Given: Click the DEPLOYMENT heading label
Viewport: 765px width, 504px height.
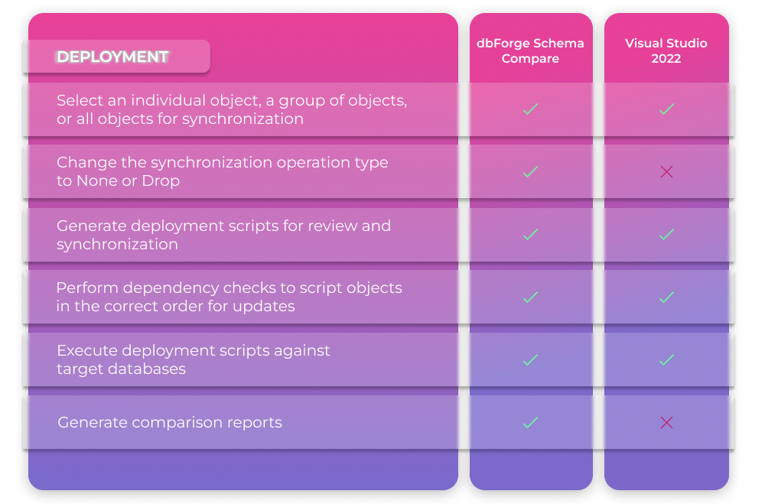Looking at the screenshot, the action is click(112, 57).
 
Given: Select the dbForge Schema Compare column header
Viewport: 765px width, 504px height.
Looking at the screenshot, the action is click(530, 50).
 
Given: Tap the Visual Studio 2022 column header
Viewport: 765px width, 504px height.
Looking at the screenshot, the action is click(666, 50).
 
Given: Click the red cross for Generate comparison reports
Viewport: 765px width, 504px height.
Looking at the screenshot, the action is click(666, 422).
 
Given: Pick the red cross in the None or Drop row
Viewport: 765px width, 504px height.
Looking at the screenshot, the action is click(666, 172).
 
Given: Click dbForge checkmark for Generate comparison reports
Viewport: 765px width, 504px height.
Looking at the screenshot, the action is click(530, 422).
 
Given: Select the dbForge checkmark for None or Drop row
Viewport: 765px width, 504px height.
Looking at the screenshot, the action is click(530, 172).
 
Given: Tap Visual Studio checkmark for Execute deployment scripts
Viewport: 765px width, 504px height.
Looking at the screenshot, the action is click(666, 360).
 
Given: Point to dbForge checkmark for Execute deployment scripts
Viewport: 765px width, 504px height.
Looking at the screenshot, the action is click(530, 360).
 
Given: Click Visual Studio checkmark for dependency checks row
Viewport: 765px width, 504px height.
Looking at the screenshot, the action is click(666, 298).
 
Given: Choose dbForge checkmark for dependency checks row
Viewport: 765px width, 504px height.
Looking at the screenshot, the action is click(530, 298).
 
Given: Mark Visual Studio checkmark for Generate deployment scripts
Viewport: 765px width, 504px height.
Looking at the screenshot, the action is click(666, 235).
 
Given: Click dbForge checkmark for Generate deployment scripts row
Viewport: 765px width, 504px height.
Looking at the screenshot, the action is click(530, 235).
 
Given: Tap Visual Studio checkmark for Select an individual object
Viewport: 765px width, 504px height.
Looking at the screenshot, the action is click(666, 109).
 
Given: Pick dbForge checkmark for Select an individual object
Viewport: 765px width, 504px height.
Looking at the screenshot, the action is click(530, 109).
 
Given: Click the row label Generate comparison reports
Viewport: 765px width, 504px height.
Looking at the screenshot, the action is click(170, 422).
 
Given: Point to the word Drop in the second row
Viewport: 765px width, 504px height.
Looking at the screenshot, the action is click(161, 181).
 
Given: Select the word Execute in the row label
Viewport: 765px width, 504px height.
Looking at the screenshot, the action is click(87, 350).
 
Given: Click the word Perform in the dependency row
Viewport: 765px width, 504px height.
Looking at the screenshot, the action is click(87, 288).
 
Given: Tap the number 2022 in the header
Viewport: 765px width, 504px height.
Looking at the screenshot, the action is click(666, 59).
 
